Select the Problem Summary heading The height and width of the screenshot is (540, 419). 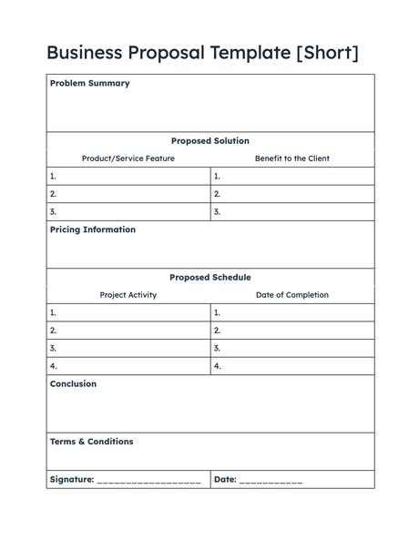[89, 83]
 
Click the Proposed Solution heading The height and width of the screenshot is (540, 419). [209, 141]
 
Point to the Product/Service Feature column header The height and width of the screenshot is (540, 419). [128, 158]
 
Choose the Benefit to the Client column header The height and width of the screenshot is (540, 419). [291, 158]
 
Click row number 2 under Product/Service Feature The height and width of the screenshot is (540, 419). [53, 194]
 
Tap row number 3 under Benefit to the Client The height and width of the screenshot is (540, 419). [217, 212]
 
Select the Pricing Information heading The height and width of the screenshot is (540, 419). [92, 229]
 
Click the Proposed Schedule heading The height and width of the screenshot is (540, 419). [209, 277]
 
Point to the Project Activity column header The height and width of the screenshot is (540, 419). [128, 295]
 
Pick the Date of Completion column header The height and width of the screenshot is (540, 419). [291, 295]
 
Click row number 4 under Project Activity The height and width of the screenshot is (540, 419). [53, 366]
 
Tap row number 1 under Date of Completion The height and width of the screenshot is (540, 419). [217, 312]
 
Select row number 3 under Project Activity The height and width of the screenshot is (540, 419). [53, 348]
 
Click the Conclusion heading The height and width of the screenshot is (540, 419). [73, 383]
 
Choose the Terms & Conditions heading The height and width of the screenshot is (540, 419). [91, 442]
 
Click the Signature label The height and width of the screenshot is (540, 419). [72, 479]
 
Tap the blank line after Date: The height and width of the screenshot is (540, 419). [271, 481]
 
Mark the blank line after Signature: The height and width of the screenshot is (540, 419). [148, 481]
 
